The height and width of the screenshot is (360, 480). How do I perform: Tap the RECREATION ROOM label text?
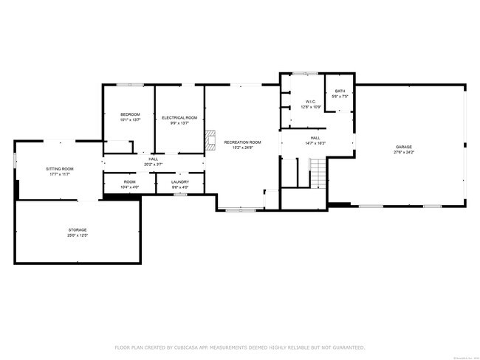tap(243, 142)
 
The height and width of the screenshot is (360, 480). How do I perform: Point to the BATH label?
tap(340, 91)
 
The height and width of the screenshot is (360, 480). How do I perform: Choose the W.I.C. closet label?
tap(310, 102)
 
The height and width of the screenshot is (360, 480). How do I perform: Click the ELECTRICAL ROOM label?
tap(179, 117)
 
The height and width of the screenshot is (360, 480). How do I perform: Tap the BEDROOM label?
tap(130, 114)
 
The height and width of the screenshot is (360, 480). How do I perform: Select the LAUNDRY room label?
tap(180, 181)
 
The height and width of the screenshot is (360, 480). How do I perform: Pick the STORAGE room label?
tap(78, 230)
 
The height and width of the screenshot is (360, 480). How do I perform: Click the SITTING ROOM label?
tap(61, 169)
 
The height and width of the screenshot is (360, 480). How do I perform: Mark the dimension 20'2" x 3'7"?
tap(154, 164)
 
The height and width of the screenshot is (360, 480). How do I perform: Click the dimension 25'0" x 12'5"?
tap(78, 236)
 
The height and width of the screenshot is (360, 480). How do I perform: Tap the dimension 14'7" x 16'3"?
tap(315, 143)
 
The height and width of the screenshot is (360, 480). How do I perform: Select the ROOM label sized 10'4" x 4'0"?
tap(129, 181)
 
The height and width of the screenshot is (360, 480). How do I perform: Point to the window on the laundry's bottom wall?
tap(179, 195)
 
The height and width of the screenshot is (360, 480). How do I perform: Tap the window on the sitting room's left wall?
tap(15, 160)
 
